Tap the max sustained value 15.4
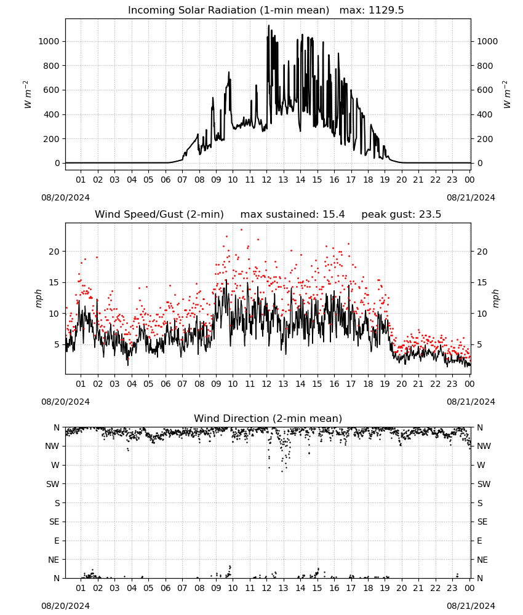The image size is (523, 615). (x=333, y=215)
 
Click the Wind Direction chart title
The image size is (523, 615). (x=268, y=418)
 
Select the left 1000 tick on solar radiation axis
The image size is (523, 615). (x=49, y=41)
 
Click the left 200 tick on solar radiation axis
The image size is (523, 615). (x=52, y=139)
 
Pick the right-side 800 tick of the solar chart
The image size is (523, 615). (x=485, y=66)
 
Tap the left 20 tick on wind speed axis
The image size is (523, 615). (x=54, y=252)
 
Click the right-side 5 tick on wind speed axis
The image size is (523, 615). (x=479, y=345)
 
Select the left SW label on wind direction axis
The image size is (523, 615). (x=53, y=484)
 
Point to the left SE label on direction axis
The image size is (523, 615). (x=54, y=522)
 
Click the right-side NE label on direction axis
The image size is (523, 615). (x=482, y=560)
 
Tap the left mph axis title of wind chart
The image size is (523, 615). (x=38, y=298)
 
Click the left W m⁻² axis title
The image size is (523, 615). (x=28, y=95)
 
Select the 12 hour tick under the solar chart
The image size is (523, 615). (x=267, y=180)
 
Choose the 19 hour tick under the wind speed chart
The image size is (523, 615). (x=385, y=384)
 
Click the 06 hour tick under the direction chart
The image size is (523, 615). (x=166, y=588)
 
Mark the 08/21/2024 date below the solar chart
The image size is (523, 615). (x=471, y=197)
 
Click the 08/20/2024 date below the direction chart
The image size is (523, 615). (x=65, y=606)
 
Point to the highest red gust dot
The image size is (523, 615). (x=241, y=230)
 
